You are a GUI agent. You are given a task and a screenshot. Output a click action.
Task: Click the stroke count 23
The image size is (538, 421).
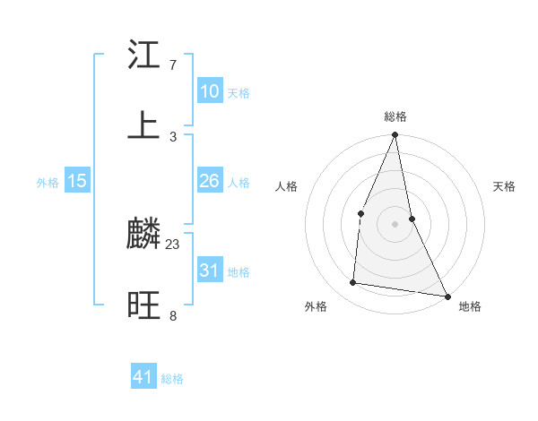173,244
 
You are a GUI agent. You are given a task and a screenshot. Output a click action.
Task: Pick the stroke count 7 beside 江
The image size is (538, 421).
172,65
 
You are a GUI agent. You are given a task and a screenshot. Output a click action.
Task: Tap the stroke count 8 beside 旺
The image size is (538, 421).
172,315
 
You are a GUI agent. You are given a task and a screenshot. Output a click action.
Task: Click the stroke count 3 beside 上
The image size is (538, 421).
172,136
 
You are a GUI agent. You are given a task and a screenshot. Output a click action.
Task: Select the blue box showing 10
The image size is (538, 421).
210,91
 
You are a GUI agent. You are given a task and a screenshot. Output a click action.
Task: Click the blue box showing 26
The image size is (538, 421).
210,181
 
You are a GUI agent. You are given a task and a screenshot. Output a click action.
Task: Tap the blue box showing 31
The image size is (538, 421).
210,270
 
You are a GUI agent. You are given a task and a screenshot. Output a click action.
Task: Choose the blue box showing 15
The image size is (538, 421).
77,181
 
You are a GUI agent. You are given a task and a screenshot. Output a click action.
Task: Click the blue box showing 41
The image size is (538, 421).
143,377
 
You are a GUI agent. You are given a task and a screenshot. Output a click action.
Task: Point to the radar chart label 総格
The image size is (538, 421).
395,116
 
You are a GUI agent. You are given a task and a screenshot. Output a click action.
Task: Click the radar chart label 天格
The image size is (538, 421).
504,186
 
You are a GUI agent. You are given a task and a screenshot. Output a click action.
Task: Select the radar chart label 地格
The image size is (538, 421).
470,306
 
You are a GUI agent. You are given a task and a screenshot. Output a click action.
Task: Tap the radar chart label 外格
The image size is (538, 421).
316,306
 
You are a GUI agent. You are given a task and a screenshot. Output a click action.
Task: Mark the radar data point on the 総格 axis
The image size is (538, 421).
395,135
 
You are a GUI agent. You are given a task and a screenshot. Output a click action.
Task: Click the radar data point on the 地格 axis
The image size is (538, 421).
447,296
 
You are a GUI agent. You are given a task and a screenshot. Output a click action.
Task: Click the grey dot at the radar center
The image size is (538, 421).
395,224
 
